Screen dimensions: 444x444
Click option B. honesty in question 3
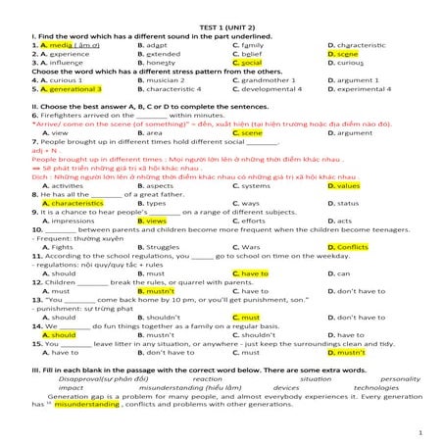161,62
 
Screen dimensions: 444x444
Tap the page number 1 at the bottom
419,430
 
